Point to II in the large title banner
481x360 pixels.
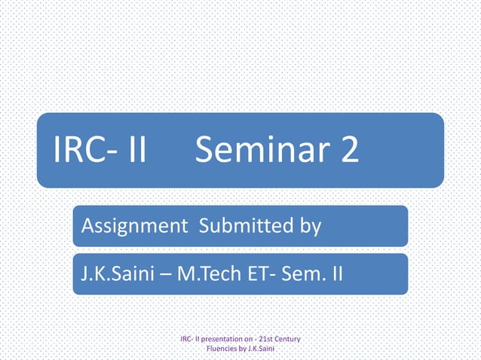click(x=133, y=152)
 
